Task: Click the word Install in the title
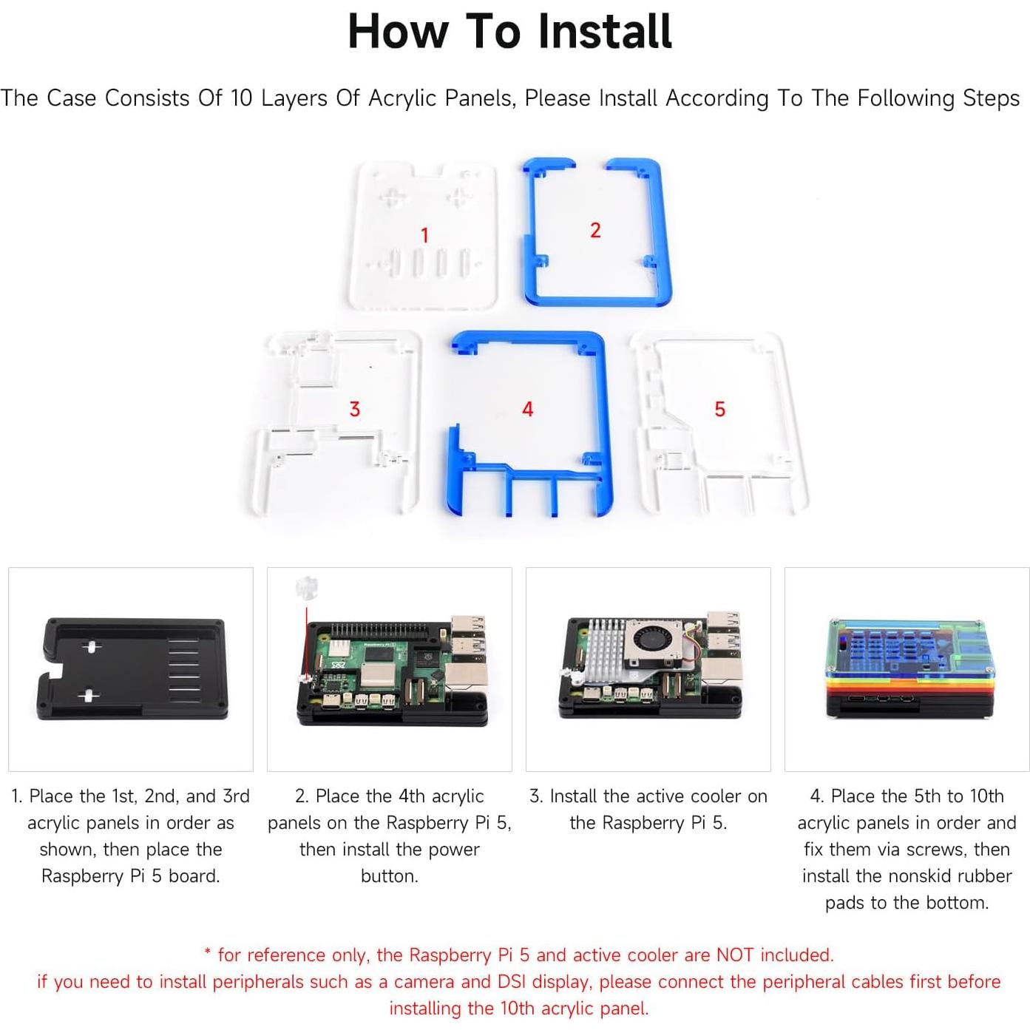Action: coord(604,32)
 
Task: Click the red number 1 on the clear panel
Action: coord(424,235)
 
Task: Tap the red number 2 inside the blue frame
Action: coord(595,230)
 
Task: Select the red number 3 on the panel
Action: coord(354,409)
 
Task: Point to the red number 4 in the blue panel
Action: coord(527,409)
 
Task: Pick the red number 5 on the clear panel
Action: coord(719,409)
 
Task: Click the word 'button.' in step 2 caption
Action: coord(389,876)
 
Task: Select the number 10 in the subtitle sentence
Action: coord(242,98)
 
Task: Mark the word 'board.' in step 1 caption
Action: coord(194,876)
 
